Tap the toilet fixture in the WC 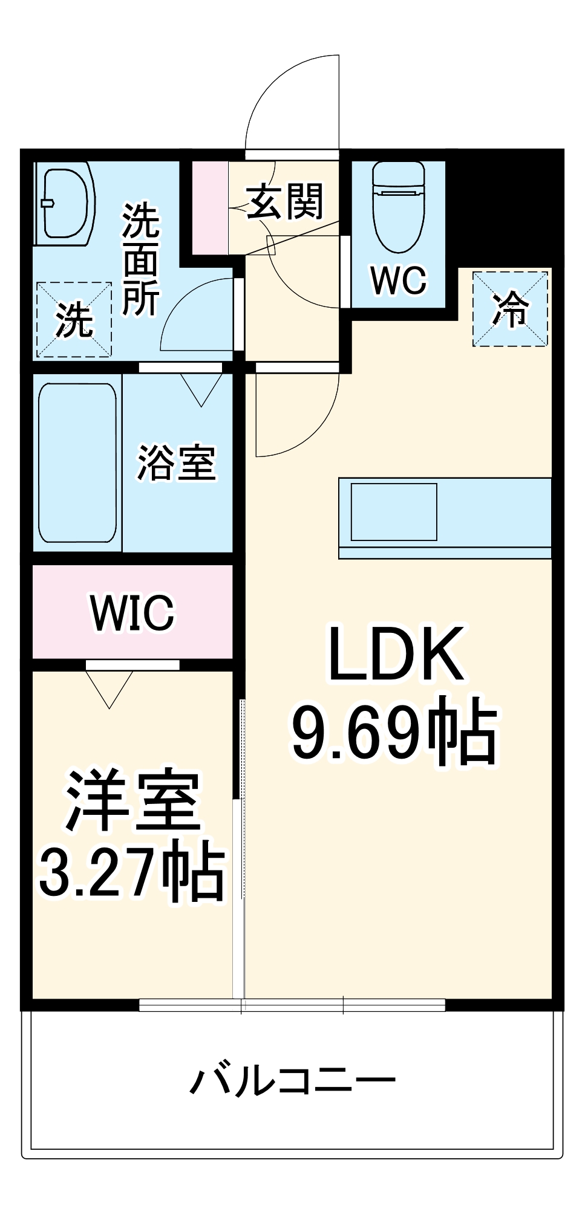(x=399, y=206)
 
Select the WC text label (x=399, y=280)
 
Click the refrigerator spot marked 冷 (x=510, y=309)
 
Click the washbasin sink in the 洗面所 (x=65, y=203)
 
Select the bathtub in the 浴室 (x=77, y=463)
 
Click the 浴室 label (x=176, y=463)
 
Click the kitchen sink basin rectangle (x=394, y=511)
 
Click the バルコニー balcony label (x=293, y=1080)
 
